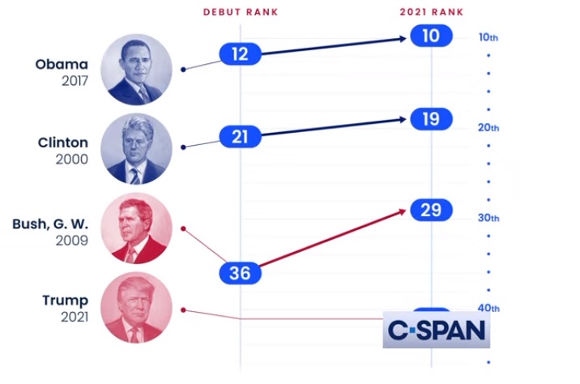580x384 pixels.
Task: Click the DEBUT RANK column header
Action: [240, 11]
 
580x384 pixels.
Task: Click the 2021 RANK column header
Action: [431, 11]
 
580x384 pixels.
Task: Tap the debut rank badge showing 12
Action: [240, 54]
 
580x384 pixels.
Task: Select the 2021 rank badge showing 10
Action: [431, 36]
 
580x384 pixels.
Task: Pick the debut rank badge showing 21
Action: [240, 137]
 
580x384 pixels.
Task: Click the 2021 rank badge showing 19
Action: [431, 119]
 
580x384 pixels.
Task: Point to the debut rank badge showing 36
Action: [240, 273]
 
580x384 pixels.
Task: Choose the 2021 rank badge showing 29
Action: [431, 210]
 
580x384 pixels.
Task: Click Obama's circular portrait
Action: [136, 70]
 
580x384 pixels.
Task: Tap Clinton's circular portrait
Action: [136, 149]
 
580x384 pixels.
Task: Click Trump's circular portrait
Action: [136, 308]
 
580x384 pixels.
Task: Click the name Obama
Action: [61, 64]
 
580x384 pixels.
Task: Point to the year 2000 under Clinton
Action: [71, 160]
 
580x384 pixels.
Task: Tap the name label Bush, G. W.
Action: [50, 224]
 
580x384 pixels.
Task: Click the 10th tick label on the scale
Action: [488, 37]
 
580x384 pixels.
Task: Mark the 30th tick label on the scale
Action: [488, 218]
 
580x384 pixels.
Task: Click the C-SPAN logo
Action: [436, 330]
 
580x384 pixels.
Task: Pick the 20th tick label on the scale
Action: [488, 128]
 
